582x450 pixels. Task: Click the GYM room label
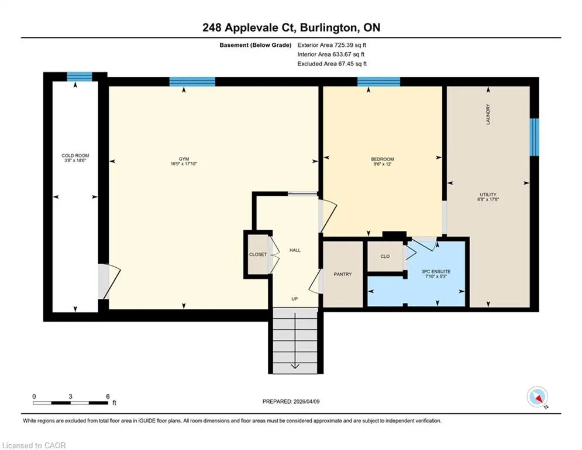pyautogui.click(x=184, y=159)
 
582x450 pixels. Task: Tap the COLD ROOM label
pyautogui.click(x=75, y=155)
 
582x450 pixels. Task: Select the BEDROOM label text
pyautogui.click(x=383, y=159)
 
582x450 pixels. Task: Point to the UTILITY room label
pyautogui.click(x=488, y=195)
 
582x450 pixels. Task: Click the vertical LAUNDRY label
pyautogui.click(x=488, y=114)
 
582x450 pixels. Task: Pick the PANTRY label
pyautogui.click(x=343, y=274)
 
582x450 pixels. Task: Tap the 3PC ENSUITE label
pyautogui.click(x=436, y=271)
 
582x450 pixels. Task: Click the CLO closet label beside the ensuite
pyautogui.click(x=385, y=256)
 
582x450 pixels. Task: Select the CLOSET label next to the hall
pyautogui.click(x=258, y=254)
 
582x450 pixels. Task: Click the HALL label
pyautogui.click(x=295, y=250)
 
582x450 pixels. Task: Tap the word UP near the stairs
pyautogui.click(x=294, y=299)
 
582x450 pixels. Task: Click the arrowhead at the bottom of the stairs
pyautogui.click(x=295, y=366)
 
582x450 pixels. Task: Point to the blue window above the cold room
pyautogui.click(x=80, y=77)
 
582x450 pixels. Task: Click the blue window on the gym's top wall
pyautogui.click(x=192, y=81)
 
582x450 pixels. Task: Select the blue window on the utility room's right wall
pyautogui.click(x=534, y=137)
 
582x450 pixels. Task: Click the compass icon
pyautogui.click(x=538, y=397)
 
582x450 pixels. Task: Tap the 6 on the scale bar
pyautogui.click(x=108, y=397)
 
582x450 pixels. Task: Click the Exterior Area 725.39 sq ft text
pyautogui.click(x=332, y=45)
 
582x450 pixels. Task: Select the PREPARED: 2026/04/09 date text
pyautogui.click(x=291, y=401)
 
